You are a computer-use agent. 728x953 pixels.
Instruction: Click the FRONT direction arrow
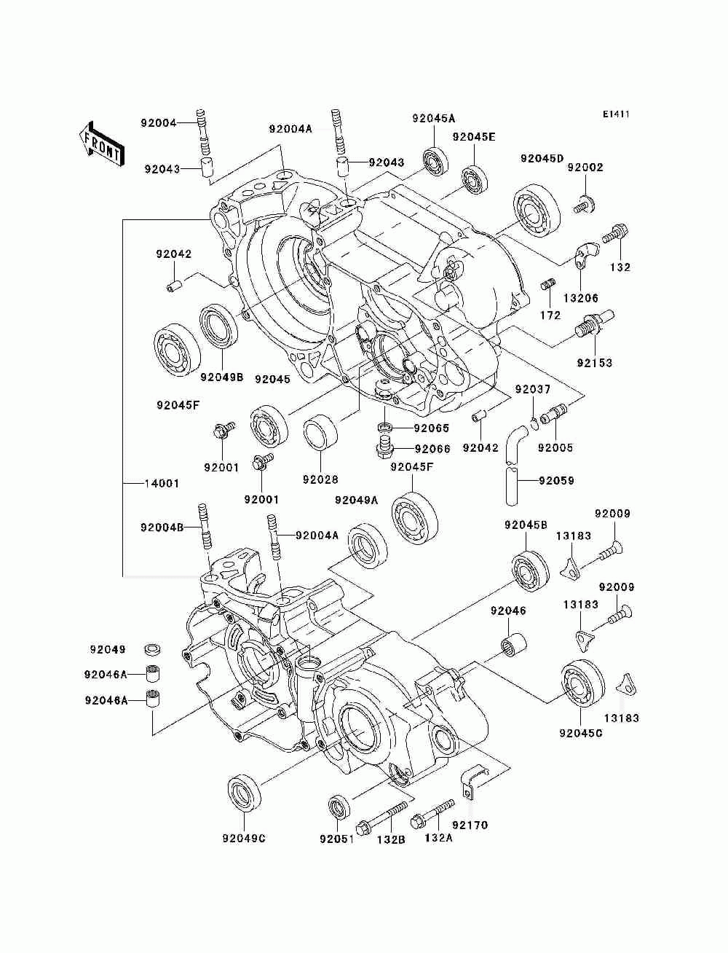pyautogui.click(x=102, y=144)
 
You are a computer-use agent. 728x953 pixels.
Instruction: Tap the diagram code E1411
pyautogui.click(x=616, y=114)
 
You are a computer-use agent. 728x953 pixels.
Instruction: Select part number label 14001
pyautogui.click(x=162, y=483)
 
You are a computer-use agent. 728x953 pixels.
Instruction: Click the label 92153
pyautogui.click(x=594, y=362)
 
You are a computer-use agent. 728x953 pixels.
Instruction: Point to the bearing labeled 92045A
pyautogui.click(x=436, y=161)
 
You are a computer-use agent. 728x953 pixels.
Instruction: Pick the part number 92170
pyautogui.click(x=470, y=825)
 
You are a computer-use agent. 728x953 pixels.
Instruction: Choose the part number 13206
pyautogui.click(x=581, y=298)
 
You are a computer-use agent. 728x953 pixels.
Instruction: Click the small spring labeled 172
pyautogui.click(x=549, y=285)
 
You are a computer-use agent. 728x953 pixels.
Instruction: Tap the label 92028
pyautogui.click(x=320, y=479)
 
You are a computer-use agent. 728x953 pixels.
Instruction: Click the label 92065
pyautogui.click(x=431, y=428)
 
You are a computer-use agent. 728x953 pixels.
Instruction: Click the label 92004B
pyautogui.click(x=162, y=527)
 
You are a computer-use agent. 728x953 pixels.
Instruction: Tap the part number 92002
pyautogui.click(x=585, y=167)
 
